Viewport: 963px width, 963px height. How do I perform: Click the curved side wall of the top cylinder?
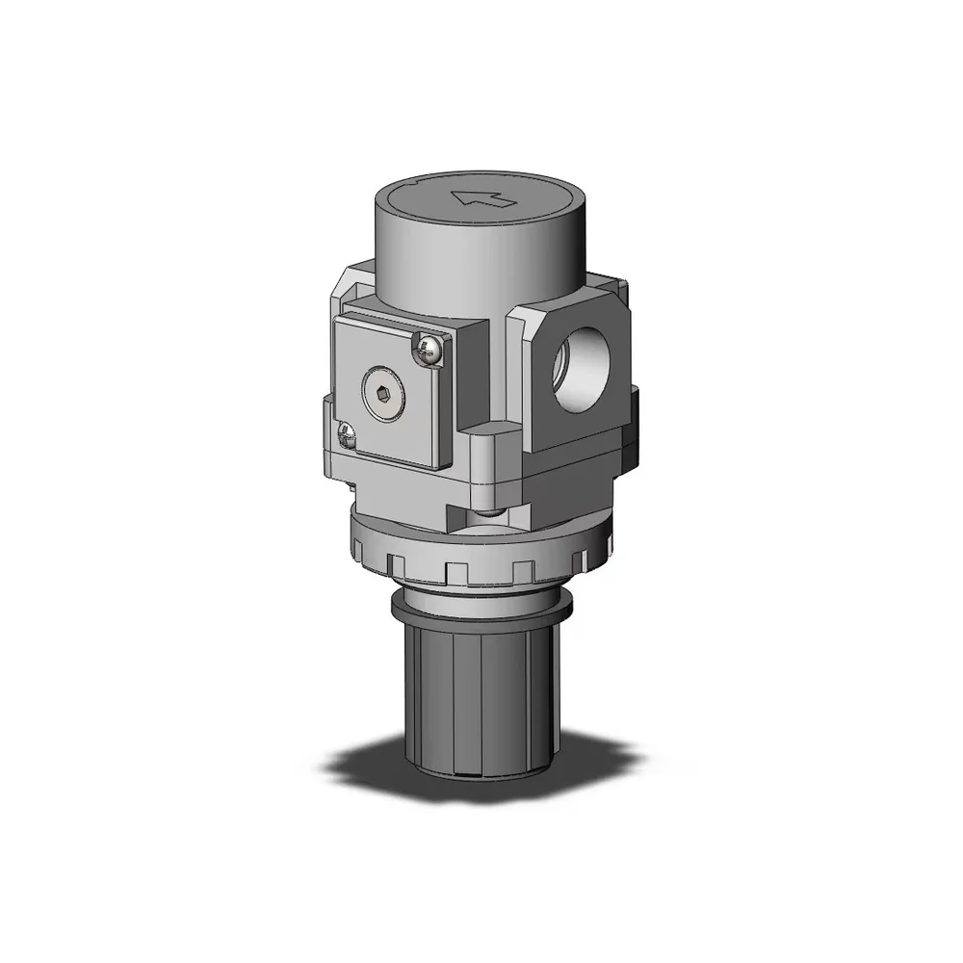pyautogui.click(x=453, y=279)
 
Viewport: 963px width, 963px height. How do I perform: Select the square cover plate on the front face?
pyautogui.click(x=390, y=390)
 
